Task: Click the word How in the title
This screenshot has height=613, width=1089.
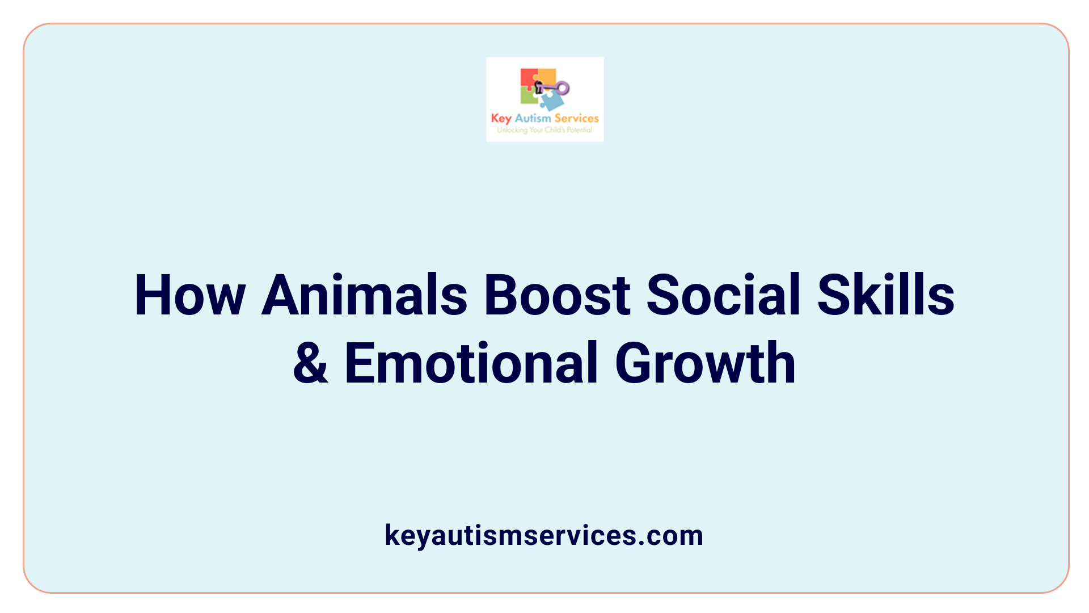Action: pyautogui.click(x=189, y=295)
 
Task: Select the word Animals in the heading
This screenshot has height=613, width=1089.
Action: pyautogui.click(x=364, y=295)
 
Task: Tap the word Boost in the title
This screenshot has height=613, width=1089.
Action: pyautogui.click(x=557, y=295)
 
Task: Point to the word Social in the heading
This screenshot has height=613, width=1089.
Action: pyautogui.click(x=723, y=295)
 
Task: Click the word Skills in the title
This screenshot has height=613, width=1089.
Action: pyautogui.click(x=886, y=295)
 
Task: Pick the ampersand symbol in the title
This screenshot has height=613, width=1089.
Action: pyautogui.click(x=310, y=363)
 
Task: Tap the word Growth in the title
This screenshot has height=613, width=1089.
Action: pyautogui.click(x=705, y=363)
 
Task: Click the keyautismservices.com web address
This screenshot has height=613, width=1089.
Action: pyautogui.click(x=544, y=535)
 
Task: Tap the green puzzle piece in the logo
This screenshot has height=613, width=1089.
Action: pyautogui.click(x=529, y=97)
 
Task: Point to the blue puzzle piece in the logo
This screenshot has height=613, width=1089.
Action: pyautogui.click(x=551, y=102)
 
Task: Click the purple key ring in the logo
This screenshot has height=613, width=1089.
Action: pyautogui.click(x=562, y=87)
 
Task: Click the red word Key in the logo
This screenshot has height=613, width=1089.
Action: pyautogui.click(x=501, y=119)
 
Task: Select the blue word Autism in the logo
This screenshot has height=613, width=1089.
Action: pyautogui.click(x=533, y=118)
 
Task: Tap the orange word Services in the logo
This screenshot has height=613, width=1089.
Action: pyautogui.click(x=576, y=118)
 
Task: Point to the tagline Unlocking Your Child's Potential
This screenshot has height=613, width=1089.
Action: pyautogui.click(x=544, y=130)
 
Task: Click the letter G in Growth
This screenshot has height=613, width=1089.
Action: pyautogui.click(x=635, y=363)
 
